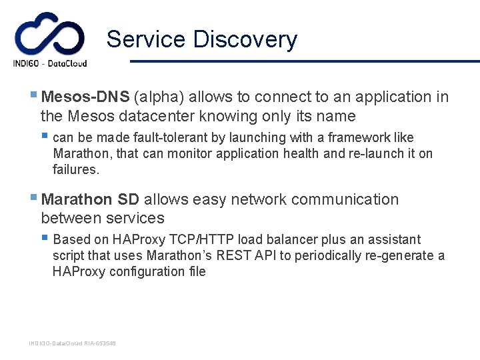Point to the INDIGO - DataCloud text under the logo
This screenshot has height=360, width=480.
[x=50, y=64]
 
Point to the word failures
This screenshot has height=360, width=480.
[x=76, y=170]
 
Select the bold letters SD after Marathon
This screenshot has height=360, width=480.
[x=128, y=200]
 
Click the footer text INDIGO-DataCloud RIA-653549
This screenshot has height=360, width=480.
[x=72, y=343]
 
